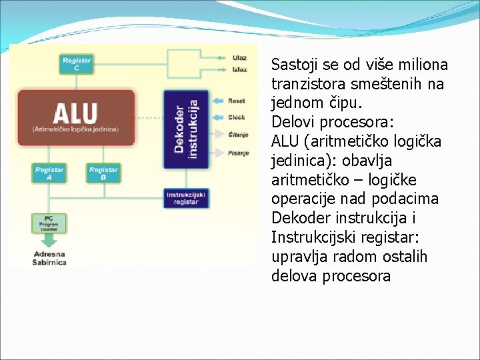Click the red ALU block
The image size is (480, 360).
click(x=75, y=118)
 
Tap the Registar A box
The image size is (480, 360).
click(x=49, y=173)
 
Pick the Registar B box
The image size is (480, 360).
click(x=103, y=173)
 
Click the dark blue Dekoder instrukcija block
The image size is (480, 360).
click(x=185, y=129)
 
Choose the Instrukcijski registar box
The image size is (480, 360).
click(x=186, y=198)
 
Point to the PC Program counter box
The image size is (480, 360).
click(x=48, y=222)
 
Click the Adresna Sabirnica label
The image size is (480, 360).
click(x=49, y=258)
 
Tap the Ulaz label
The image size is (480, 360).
click(x=239, y=57)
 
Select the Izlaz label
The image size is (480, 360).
click(x=239, y=69)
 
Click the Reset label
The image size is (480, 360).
click(x=237, y=101)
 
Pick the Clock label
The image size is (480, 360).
click(x=237, y=117)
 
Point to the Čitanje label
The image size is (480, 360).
click(x=238, y=135)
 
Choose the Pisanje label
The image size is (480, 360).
click(x=238, y=153)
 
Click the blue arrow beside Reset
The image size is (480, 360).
click(x=218, y=101)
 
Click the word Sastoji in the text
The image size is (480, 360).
click(x=294, y=65)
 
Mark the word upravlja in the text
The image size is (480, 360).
click(x=301, y=257)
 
